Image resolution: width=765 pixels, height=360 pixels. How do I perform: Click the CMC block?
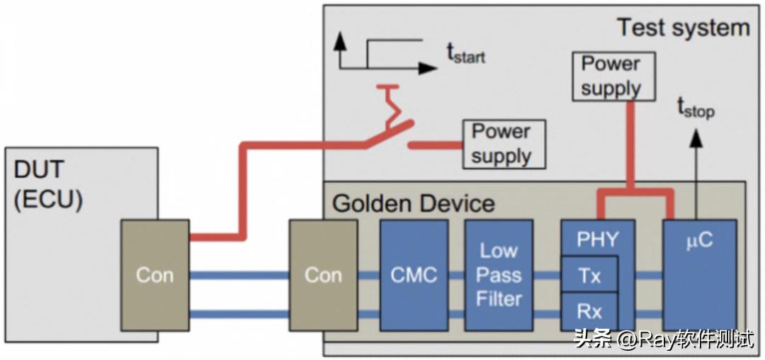pyautogui.click(x=414, y=275)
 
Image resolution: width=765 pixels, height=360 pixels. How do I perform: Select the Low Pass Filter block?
pyautogui.click(x=499, y=275)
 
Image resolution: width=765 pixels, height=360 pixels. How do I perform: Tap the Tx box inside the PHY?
pyautogui.click(x=589, y=275)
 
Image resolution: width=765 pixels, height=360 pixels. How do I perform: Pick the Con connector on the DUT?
pyautogui.click(x=154, y=275)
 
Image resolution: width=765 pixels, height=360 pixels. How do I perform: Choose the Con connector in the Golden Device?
pyautogui.click(x=323, y=275)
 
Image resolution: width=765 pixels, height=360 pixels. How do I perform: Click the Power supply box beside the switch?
pyautogui.click(x=503, y=144)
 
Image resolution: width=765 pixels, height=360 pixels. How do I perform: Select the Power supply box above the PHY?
pyautogui.click(x=612, y=76)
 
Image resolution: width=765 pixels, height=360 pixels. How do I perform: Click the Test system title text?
pyautogui.click(x=683, y=28)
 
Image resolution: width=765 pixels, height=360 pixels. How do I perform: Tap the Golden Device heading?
pyautogui.click(x=413, y=203)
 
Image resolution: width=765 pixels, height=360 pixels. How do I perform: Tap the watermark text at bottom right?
pyautogui.click(x=663, y=339)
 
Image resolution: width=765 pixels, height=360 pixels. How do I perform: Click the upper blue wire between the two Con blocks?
pyautogui.click(x=239, y=275)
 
